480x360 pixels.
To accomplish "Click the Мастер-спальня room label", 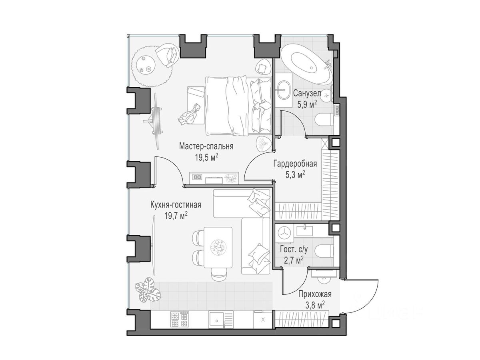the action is [x=206, y=146].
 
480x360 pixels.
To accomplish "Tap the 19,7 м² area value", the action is [x=176, y=216].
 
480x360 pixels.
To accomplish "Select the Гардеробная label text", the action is [x=295, y=164].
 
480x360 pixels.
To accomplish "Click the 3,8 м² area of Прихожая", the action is [x=314, y=305].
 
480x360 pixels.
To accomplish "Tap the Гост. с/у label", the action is [x=294, y=250].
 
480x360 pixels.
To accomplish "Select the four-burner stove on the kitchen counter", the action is [x=179, y=319].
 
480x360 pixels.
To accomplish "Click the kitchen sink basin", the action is [x=216, y=320].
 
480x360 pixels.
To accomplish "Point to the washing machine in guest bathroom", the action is [x=284, y=234].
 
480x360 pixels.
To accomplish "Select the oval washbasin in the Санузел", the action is [x=284, y=90].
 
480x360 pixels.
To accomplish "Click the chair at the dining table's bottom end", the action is [x=220, y=274].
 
